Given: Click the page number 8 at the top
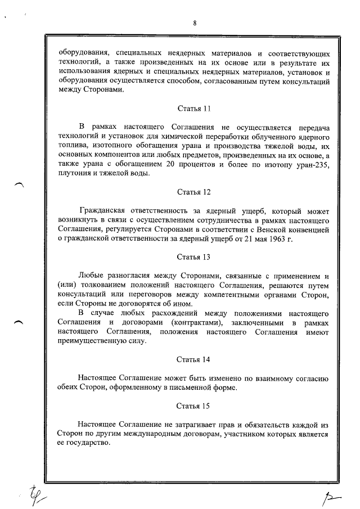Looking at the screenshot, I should point(194,23).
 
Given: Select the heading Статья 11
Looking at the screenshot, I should point(193,108).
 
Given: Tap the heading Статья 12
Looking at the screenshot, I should point(193,192).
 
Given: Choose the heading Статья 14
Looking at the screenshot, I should point(193,359).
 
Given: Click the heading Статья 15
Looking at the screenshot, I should point(193,405).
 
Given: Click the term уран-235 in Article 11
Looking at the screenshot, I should point(309,164).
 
